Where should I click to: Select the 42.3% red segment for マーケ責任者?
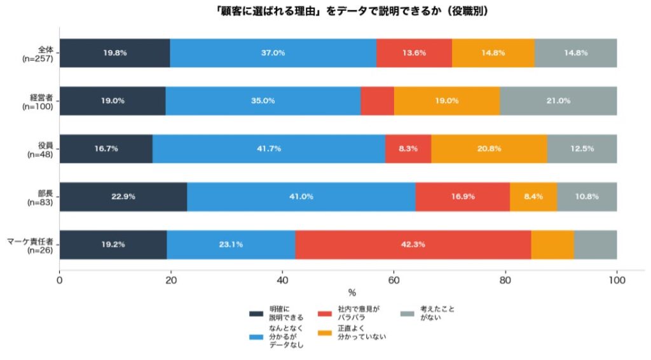413,244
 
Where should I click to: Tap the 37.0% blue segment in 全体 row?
273,53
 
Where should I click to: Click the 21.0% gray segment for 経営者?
558,100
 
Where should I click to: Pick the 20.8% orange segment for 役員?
489,149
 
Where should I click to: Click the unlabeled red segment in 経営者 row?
377,100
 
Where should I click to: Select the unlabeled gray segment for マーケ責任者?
595,244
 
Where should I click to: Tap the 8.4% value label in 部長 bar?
533,197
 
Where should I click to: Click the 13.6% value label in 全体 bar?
414,53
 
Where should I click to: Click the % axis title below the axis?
352,293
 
